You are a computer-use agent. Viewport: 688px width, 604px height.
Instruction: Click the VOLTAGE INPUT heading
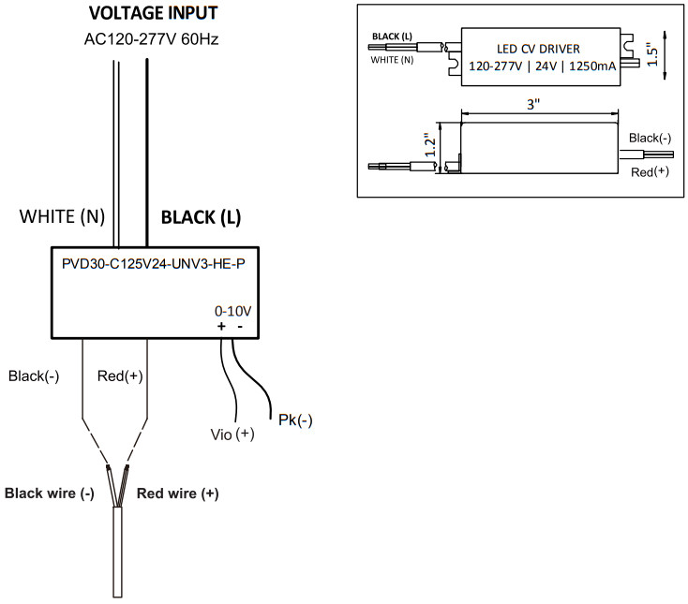tap(153, 14)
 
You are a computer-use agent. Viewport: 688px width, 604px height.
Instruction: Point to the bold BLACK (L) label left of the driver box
tap(202, 218)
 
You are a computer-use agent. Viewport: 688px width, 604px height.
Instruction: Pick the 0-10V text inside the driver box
tap(232, 309)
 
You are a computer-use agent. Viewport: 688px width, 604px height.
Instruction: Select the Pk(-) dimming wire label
tap(295, 420)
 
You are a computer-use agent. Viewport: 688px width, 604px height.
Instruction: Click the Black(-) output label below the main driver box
tap(34, 376)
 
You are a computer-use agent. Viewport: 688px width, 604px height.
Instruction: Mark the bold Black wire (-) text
tap(50, 494)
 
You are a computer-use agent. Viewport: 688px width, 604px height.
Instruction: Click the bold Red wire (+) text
tap(178, 494)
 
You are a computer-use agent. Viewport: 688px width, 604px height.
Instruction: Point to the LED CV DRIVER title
tap(537, 49)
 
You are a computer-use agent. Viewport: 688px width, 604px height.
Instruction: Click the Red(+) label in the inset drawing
tap(649, 173)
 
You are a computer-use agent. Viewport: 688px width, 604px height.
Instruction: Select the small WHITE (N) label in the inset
tap(393, 58)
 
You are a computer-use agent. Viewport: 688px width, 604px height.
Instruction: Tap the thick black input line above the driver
tap(148, 150)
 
